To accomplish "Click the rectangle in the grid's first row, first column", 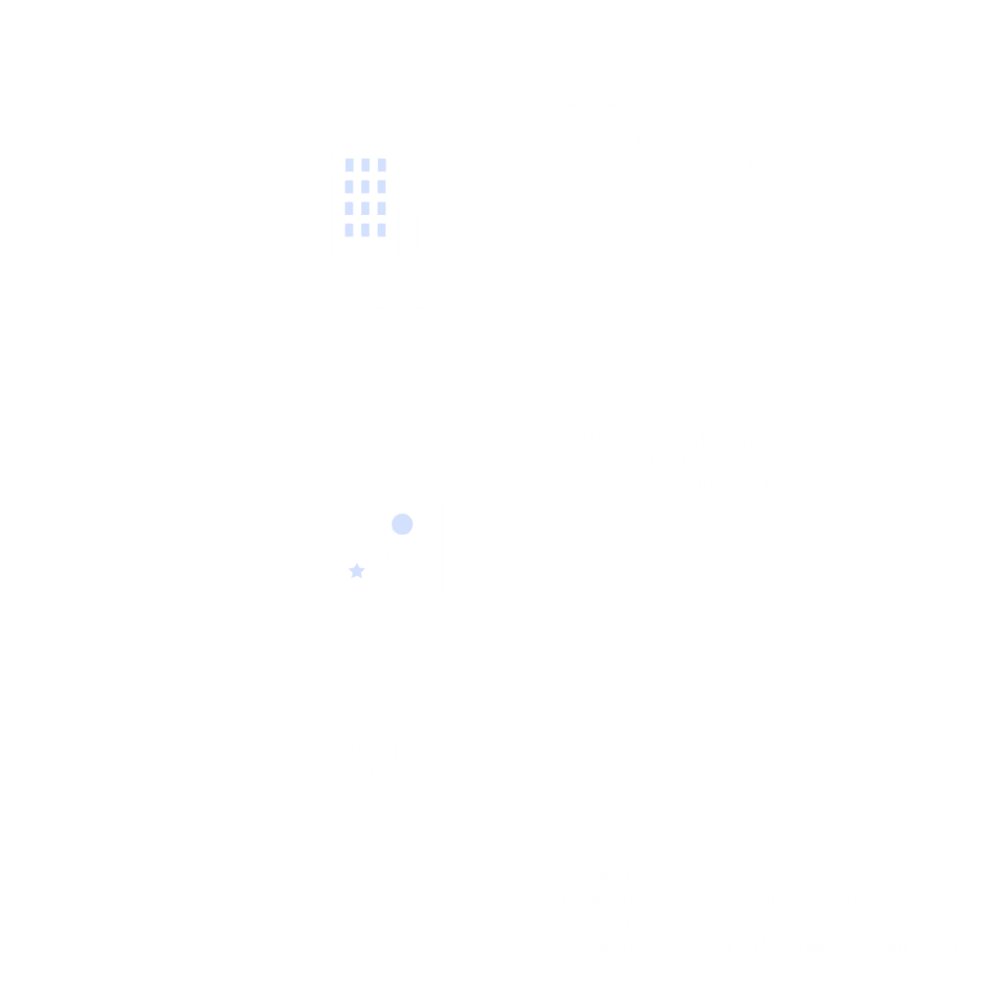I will coord(349,165).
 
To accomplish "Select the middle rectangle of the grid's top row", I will coord(365,165).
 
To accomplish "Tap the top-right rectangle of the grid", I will coord(382,165).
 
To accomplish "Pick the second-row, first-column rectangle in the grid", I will coord(349,186).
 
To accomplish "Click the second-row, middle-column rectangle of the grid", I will coord(365,186).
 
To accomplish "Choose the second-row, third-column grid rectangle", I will coord(382,186).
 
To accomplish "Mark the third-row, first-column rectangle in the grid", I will coord(349,208).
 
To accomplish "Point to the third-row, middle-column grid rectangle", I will coord(365,208).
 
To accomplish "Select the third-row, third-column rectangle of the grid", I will coord(382,208).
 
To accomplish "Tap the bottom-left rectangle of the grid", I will coord(349,230).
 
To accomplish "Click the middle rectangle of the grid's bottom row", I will coord(365,230).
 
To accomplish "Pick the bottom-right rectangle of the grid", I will coord(382,230).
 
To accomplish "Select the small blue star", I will coord(357,571).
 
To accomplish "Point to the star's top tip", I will coord(357,563).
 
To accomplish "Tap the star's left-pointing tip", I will coord(349,569).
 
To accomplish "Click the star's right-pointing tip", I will coord(365,569).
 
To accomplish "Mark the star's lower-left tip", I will coord(352,578).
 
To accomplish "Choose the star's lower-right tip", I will coord(362,578).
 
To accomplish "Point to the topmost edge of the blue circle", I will coord(402,514).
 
